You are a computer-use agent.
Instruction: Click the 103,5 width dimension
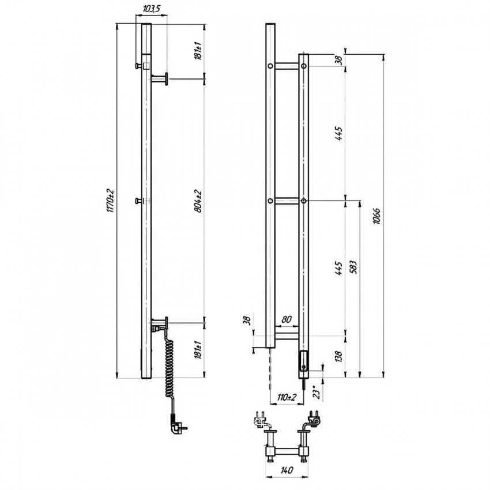[x=151, y=9]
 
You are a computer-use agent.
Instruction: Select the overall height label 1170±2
[x=110, y=201]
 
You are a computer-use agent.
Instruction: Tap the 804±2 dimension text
[x=198, y=201]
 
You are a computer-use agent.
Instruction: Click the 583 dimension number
[x=353, y=266]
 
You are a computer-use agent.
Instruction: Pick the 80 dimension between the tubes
[x=287, y=319]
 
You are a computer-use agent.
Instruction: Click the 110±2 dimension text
[x=287, y=397]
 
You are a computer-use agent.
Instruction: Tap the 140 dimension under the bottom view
[x=287, y=470]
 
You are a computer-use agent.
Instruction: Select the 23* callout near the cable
[x=317, y=393]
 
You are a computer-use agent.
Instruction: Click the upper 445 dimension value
[x=338, y=133]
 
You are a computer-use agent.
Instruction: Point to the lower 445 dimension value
[x=338, y=267]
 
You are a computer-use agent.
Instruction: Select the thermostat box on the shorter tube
[x=304, y=361]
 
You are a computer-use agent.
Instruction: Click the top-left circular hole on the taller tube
[x=270, y=66]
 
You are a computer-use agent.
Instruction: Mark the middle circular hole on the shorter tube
[x=303, y=201]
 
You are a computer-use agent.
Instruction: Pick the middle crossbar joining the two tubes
[x=287, y=201]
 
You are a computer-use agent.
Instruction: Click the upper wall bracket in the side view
[x=160, y=79]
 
